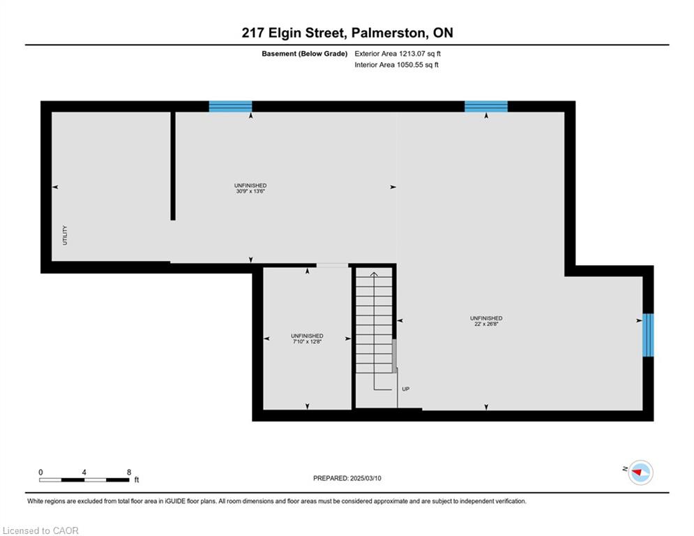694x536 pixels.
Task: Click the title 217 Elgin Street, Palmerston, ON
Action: pyautogui.click(x=347, y=33)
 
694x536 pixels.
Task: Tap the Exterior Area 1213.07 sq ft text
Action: pyautogui.click(x=398, y=54)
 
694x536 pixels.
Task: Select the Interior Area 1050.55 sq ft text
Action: pyautogui.click(x=397, y=65)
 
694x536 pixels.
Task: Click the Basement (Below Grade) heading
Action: pyautogui.click(x=305, y=54)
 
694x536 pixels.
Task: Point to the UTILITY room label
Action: pyautogui.click(x=65, y=235)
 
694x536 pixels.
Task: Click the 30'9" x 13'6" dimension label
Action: pyautogui.click(x=250, y=191)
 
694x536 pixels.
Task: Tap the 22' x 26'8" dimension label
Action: pyautogui.click(x=486, y=324)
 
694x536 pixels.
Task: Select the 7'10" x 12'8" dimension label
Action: pyautogui.click(x=307, y=341)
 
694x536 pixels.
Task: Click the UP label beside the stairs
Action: pyautogui.click(x=405, y=389)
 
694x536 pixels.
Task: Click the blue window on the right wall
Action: pyautogui.click(x=648, y=335)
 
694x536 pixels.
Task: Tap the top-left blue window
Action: pyautogui.click(x=230, y=106)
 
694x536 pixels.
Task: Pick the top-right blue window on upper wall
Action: pyautogui.click(x=486, y=106)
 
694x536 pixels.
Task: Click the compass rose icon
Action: pyautogui.click(x=640, y=472)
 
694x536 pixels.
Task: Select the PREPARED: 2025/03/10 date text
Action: pyautogui.click(x=347, y=478)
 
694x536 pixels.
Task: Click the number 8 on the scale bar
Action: pyautogui.click(x=129, y=472)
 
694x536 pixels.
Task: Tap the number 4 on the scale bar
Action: pyautogui.click(x=84, y=472)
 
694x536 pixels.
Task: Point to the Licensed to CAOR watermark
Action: pyautogui.click(x=40, y=530)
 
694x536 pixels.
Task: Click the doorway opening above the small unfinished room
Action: pyautogui.click(x=333, y=265)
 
